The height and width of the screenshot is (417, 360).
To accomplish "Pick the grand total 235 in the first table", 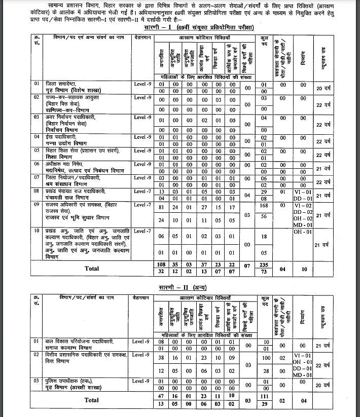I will (264, 264).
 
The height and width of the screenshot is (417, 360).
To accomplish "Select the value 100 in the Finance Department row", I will (264, 358).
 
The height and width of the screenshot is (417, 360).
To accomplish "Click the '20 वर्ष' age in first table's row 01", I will (323, 88).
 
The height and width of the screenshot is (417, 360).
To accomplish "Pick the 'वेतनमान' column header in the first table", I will (142, 37).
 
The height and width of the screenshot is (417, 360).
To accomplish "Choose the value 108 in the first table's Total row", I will (161, 264).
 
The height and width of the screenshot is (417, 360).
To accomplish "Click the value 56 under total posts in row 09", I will (264, 220).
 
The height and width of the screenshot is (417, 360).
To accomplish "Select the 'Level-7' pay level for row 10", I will (142, 232).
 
